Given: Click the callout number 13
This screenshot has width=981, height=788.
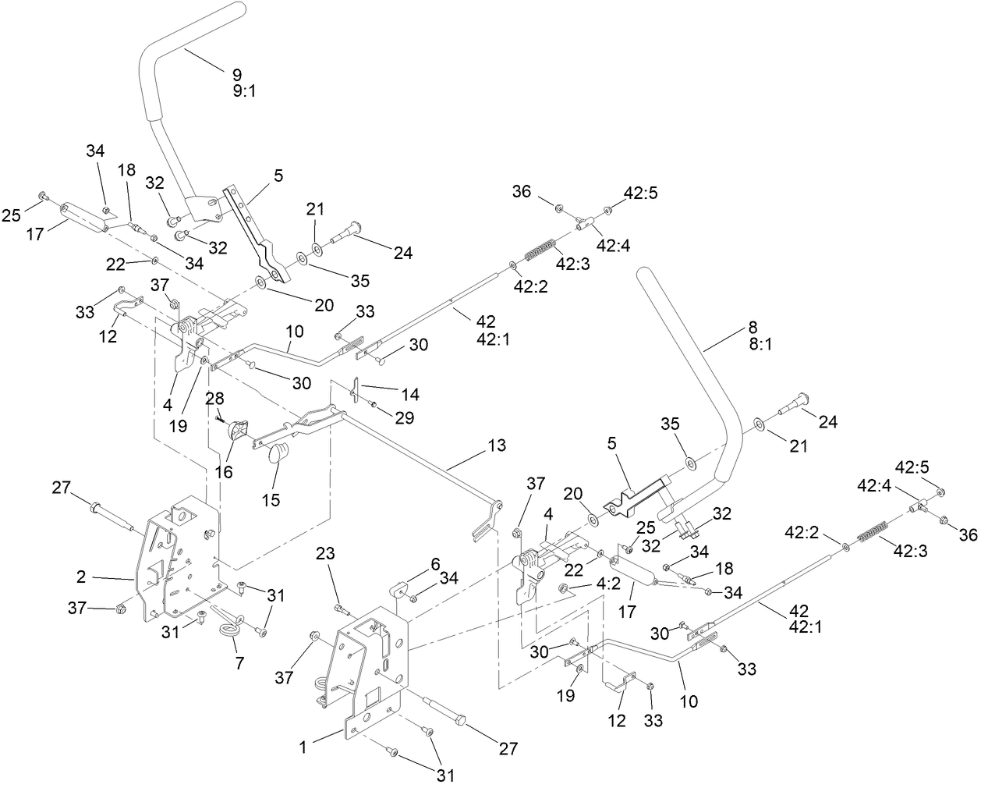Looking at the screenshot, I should point(497,445).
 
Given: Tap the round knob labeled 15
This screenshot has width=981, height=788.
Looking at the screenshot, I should point(277,453).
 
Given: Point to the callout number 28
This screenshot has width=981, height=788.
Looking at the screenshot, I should point(214,399).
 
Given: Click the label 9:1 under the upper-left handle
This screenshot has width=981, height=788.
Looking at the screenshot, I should point(244,91).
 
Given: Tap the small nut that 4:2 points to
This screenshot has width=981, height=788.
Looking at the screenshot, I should point(565,587).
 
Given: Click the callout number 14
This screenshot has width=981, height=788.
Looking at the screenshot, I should point(409,395).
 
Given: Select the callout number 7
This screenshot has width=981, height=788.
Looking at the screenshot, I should point(239,663).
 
